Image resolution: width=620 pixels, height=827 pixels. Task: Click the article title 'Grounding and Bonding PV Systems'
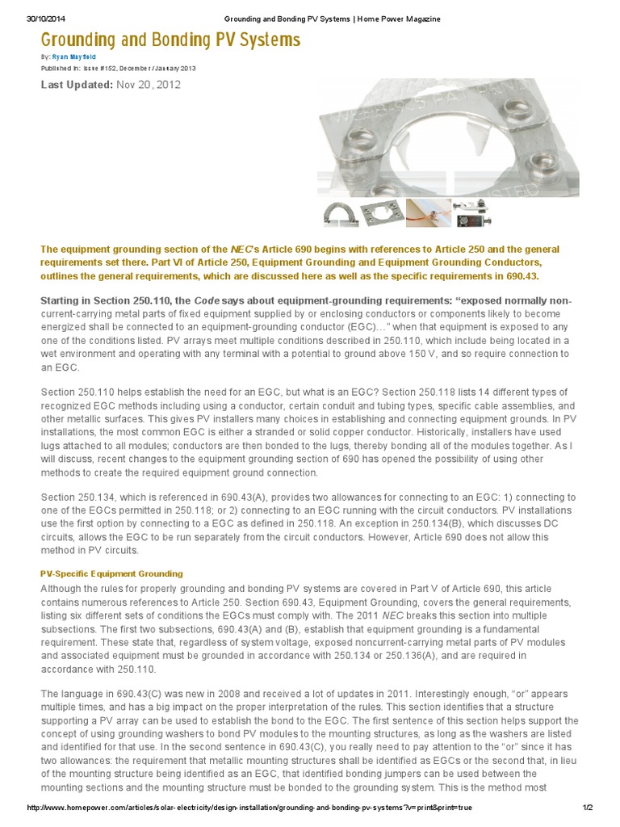(x=170, y=40)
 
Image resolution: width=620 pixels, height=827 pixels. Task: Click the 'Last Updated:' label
(x=77, y=85)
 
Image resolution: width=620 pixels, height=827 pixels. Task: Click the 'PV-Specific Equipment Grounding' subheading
(x=111, y=573)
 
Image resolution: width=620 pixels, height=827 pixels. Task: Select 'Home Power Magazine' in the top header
(x=396, y=19)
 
